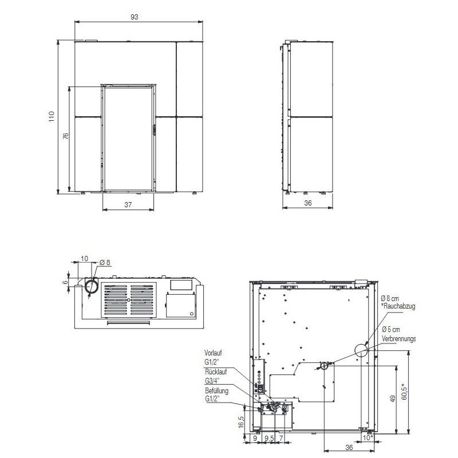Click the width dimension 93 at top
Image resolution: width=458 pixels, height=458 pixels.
[x=135, y=17]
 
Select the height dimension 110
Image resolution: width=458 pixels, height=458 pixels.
[x=52, y=116]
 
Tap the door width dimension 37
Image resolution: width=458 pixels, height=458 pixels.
[x=129, y=204]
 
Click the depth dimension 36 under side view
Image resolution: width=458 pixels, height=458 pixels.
[x=307, y=203]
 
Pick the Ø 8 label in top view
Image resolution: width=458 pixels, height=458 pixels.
[x=105, y=263]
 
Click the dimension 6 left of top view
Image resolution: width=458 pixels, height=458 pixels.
[x=66, y=282]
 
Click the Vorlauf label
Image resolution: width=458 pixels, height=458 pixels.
[x=213, y=353]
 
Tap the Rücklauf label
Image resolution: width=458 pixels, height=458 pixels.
[x=214, y=372]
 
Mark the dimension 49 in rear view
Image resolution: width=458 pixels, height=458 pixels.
[x=393, y=398]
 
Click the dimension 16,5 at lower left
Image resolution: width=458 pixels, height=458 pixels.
[x=241, y=421]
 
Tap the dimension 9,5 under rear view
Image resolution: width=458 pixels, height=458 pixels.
[x=268, y=439]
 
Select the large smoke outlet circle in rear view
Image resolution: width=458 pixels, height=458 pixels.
[x=361, y=349]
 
